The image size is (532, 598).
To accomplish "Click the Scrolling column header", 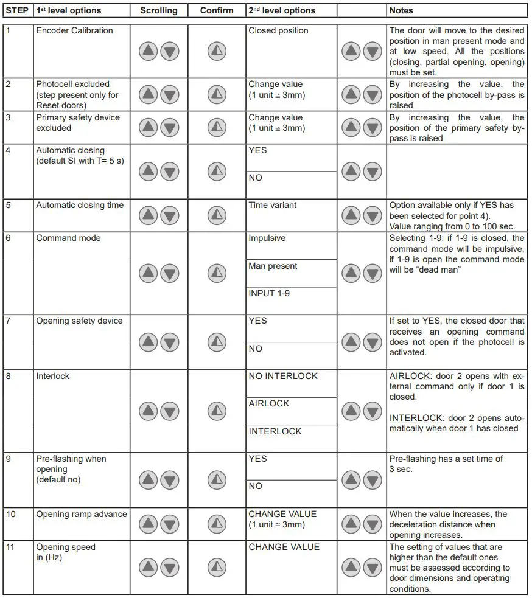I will pos(158,10).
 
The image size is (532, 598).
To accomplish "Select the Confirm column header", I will pos(216,10).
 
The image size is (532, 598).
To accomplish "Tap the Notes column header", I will pos(401,10).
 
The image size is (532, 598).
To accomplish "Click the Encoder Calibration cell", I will pos(74,30).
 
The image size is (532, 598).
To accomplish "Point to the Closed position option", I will pos(278,30).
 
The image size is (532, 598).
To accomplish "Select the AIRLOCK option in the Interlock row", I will pos(269,403).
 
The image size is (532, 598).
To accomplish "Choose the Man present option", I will pos(273,266).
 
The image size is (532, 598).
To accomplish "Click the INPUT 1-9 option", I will pos(269,293).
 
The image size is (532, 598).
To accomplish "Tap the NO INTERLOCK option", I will pos(283,376).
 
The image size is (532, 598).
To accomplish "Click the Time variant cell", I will pos(272,205).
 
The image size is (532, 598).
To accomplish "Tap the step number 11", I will pos(12,547).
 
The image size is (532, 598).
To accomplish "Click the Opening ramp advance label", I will pos(82,514).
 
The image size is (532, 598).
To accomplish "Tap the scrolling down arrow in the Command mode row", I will pos(170,273).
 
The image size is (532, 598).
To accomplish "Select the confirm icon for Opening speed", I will pos(217,568).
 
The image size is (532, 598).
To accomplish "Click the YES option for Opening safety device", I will pos(257,321).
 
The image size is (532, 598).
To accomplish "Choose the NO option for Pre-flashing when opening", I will pos(255,486).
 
